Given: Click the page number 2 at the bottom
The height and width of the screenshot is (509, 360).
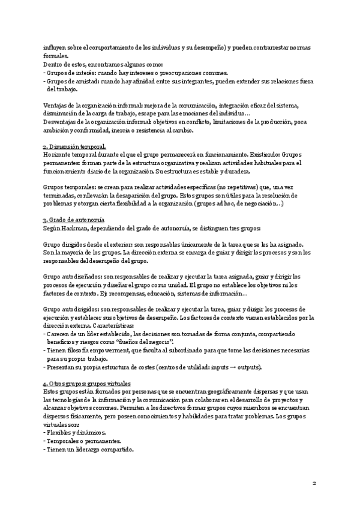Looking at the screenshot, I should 314,483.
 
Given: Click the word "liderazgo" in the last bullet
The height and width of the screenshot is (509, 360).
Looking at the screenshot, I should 88,449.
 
